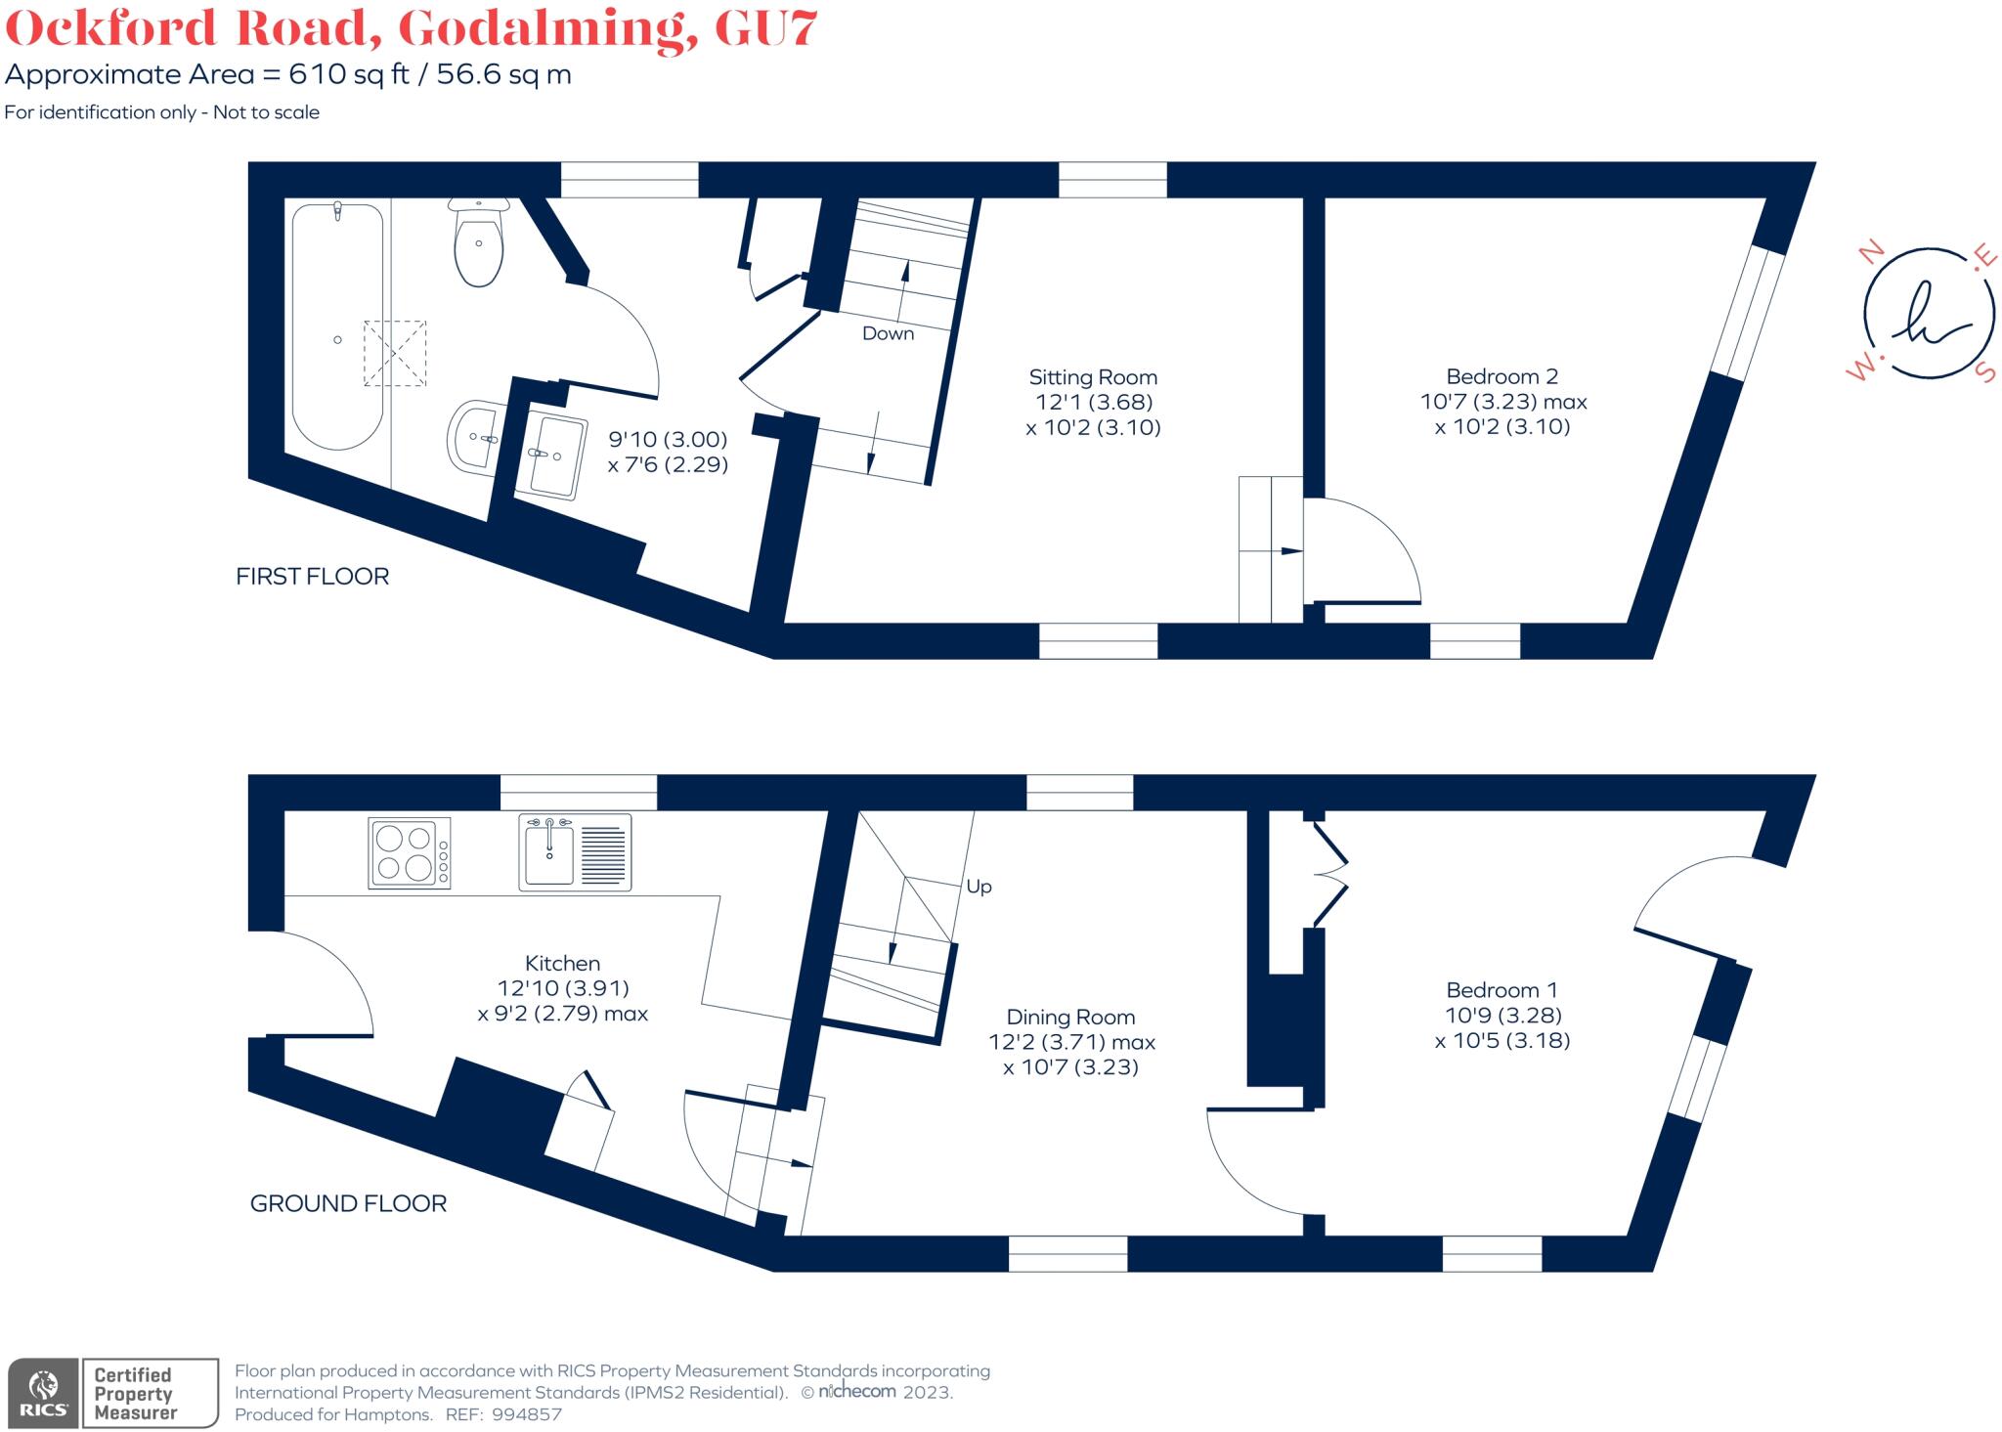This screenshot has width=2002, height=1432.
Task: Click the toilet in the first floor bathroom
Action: (x=478, y=244)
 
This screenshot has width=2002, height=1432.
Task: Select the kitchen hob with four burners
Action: (x=410, y=852)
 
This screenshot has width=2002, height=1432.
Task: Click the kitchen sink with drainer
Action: (x=575, y=852)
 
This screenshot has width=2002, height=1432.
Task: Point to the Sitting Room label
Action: (x=1093, y=377)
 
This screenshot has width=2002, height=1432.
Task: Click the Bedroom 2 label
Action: (x=1501, y=376)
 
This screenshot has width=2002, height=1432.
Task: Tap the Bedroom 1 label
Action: (x=1501, y=990)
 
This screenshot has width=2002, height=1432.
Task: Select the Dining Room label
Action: (x=1070, y=1018)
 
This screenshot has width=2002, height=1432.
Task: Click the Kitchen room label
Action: (x=562, y=963)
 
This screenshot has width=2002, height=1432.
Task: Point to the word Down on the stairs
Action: (x=888, y=333)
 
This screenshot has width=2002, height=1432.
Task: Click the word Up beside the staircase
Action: (x=979, y=887)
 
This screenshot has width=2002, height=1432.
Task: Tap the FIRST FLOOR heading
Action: (x=312, y=577)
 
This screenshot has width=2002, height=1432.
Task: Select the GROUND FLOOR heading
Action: (x=348, y=1203)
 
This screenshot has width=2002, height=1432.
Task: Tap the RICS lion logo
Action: (x=43, y=1393)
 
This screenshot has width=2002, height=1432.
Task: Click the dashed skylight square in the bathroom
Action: (x=395, y=353)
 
